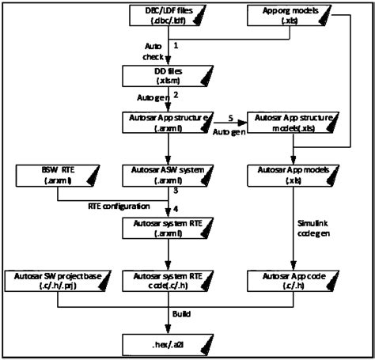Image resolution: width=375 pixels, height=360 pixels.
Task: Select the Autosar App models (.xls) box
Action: tap(294, 174)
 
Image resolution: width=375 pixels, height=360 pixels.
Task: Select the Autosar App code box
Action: tap(294, 281)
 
